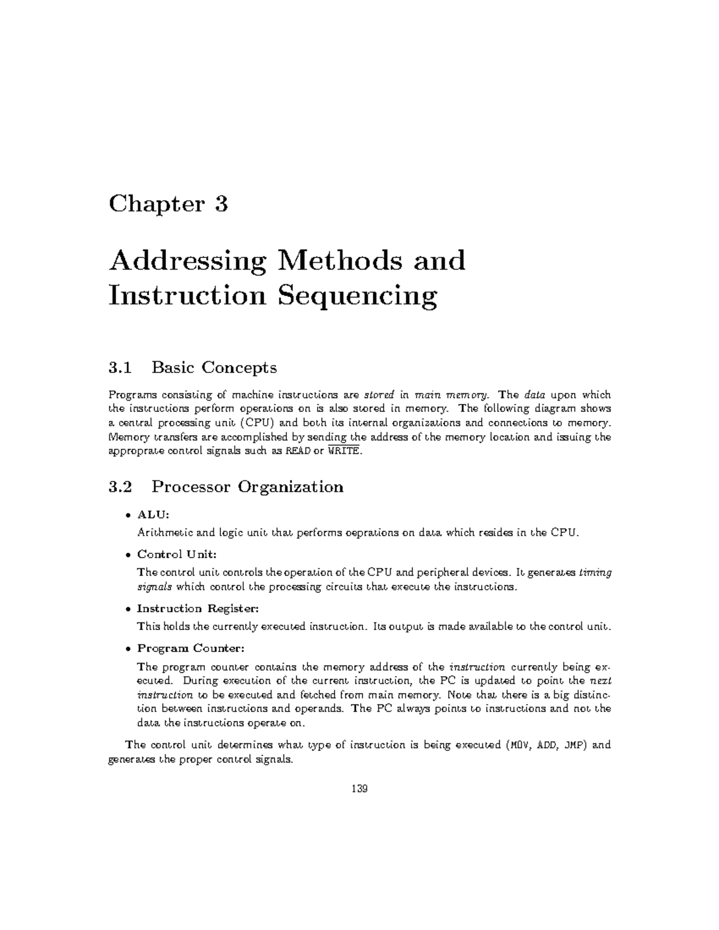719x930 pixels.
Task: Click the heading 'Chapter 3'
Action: (x=168, y=205)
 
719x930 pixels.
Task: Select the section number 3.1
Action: (x=119, y=367)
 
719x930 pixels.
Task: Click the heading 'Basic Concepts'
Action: (x=214, y=367)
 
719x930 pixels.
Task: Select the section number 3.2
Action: (x=119, y=486)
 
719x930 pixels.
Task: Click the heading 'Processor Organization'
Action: (x=247, y=486)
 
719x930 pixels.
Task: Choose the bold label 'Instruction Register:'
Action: (x=198, y=608)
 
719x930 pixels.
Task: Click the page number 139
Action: (x=359, y=789)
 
